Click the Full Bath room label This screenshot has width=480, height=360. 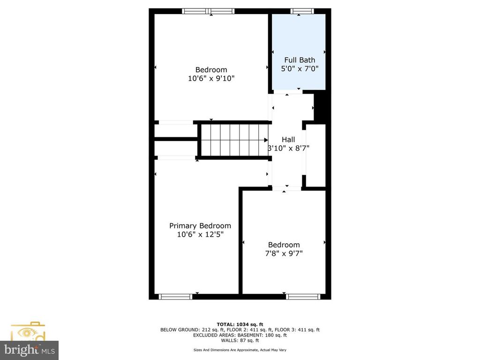coord(300,60)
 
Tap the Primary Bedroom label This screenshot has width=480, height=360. coord(200,226)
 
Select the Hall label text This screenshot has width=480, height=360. coord(288,140)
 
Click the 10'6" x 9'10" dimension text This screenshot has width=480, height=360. coord(211,79)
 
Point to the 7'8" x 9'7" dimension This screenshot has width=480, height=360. coord(284,254)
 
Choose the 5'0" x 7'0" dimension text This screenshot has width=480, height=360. coord(300,69)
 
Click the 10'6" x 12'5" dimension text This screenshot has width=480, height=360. coord(200,235)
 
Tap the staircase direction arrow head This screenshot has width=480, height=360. coord(266,140)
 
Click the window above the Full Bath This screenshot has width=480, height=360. coord(302,11)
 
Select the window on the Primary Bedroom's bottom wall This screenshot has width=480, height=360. coord(175,296)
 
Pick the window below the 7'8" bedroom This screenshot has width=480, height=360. coord(303,296)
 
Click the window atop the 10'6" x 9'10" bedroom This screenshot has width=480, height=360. coord(208,11)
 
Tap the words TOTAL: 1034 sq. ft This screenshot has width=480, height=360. coord(240,324)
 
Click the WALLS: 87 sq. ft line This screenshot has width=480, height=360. coord(240,340)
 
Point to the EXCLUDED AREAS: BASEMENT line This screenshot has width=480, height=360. coord(240,335)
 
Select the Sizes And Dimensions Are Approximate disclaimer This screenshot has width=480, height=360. coord(240,350)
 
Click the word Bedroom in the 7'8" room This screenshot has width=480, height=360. coord(284,245)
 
